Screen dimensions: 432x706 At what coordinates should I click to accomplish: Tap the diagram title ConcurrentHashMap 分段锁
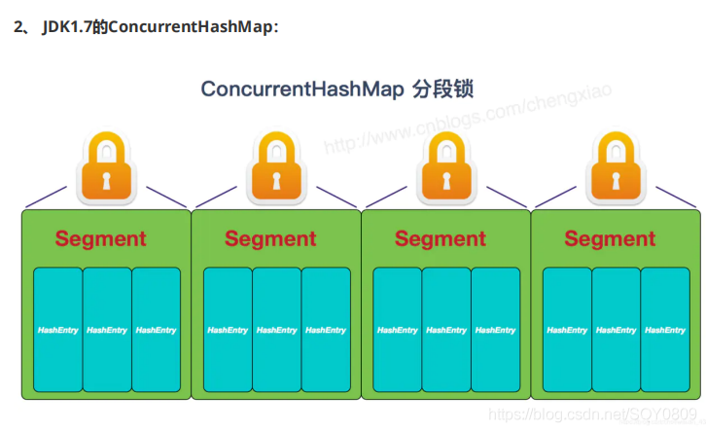click(x=336, y=90)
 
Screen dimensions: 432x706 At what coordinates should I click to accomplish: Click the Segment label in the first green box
click(x=101, y=238)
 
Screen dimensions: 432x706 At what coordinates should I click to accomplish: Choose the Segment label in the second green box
click(x=270, y=238)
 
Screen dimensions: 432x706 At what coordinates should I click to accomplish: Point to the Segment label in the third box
click(x=441, y=238)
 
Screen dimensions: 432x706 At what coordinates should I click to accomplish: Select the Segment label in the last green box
click(x=610, y=238)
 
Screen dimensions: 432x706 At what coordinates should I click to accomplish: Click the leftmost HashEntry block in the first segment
click(x=57, y=330)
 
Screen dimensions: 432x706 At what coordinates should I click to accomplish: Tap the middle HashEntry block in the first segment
click(x=107, y=330)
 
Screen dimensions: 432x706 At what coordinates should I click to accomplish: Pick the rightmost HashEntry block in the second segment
click(x=326, y=330)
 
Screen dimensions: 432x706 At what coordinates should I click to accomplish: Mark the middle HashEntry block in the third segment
click(x=446, y=330)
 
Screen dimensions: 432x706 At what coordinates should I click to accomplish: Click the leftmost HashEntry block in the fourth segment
click(x=567, y=330)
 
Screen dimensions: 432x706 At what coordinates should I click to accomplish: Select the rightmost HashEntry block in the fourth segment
click(x=665, y=330)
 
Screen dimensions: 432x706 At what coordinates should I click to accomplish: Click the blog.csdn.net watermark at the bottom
click(x=593, y=415)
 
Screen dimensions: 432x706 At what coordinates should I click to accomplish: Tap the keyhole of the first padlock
click(x=106, y=180)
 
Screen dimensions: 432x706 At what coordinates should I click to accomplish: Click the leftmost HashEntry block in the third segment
click(x=397, y=330)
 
